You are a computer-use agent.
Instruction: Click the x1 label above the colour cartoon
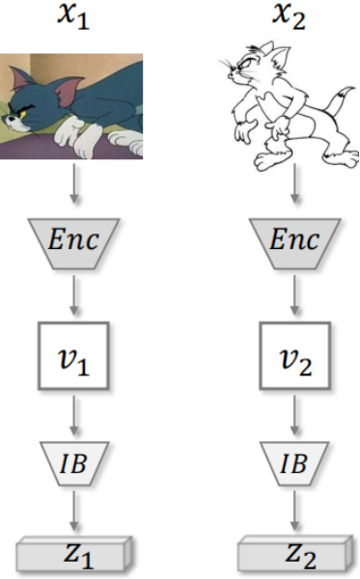pos(73,17)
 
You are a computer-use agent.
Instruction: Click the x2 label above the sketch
pos(289,17)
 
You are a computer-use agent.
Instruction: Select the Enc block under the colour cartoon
pos(73,243)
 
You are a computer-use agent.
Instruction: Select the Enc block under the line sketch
pos(294,243)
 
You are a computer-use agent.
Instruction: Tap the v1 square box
pos(73,355)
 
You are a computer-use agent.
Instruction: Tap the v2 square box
pos(294,355)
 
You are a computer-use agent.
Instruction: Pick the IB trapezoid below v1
pos(74,463)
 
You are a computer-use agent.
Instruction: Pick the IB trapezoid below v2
pos(294,463)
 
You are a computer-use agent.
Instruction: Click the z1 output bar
pos(74,554)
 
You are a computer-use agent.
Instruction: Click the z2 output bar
pos(294,554)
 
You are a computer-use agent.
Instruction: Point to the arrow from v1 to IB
pos(74,415)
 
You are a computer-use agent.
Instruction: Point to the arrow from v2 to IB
pos(294,415)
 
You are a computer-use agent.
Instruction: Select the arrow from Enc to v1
pos(74,295)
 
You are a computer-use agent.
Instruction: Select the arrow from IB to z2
pos(294,510)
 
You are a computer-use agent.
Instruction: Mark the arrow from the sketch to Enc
pos(294,183)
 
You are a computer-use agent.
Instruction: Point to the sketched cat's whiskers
pos(227,66)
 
